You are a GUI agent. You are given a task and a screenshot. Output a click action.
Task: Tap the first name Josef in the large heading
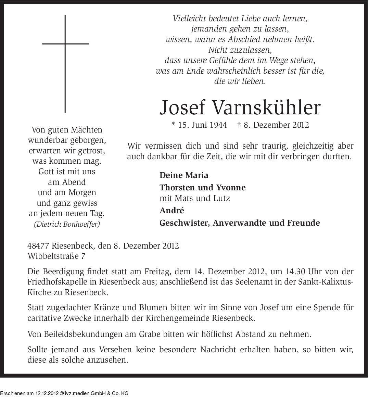pyautogui.click(x=182, y=108)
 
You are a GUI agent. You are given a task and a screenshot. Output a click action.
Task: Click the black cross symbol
pyautogui.click(x=65, y=64)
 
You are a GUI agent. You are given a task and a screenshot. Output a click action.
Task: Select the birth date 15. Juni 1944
pyautogui.click(x=202, y=125)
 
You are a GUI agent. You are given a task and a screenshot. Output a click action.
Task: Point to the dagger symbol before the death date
pyautogui.click(x=239, y=125)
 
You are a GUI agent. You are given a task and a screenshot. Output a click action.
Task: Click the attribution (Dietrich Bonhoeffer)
pyautogui.click(x=67, y=224)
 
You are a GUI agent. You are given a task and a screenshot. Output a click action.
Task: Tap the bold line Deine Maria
pyautogui.click(x=184, y=175)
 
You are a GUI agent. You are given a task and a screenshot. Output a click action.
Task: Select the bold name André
pyautogui.click(x=172, y=210)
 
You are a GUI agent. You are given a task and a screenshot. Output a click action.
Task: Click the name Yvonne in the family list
pyautogui.click(x=231, y=188)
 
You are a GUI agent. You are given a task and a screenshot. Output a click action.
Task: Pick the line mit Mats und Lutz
pyautogui.click(x=195, y=198)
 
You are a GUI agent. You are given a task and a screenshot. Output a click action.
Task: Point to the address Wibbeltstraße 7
pyautogui.click(x=56, y=256)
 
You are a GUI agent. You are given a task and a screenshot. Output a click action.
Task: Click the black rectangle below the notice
pyautogui.click(x=64, y=390)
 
